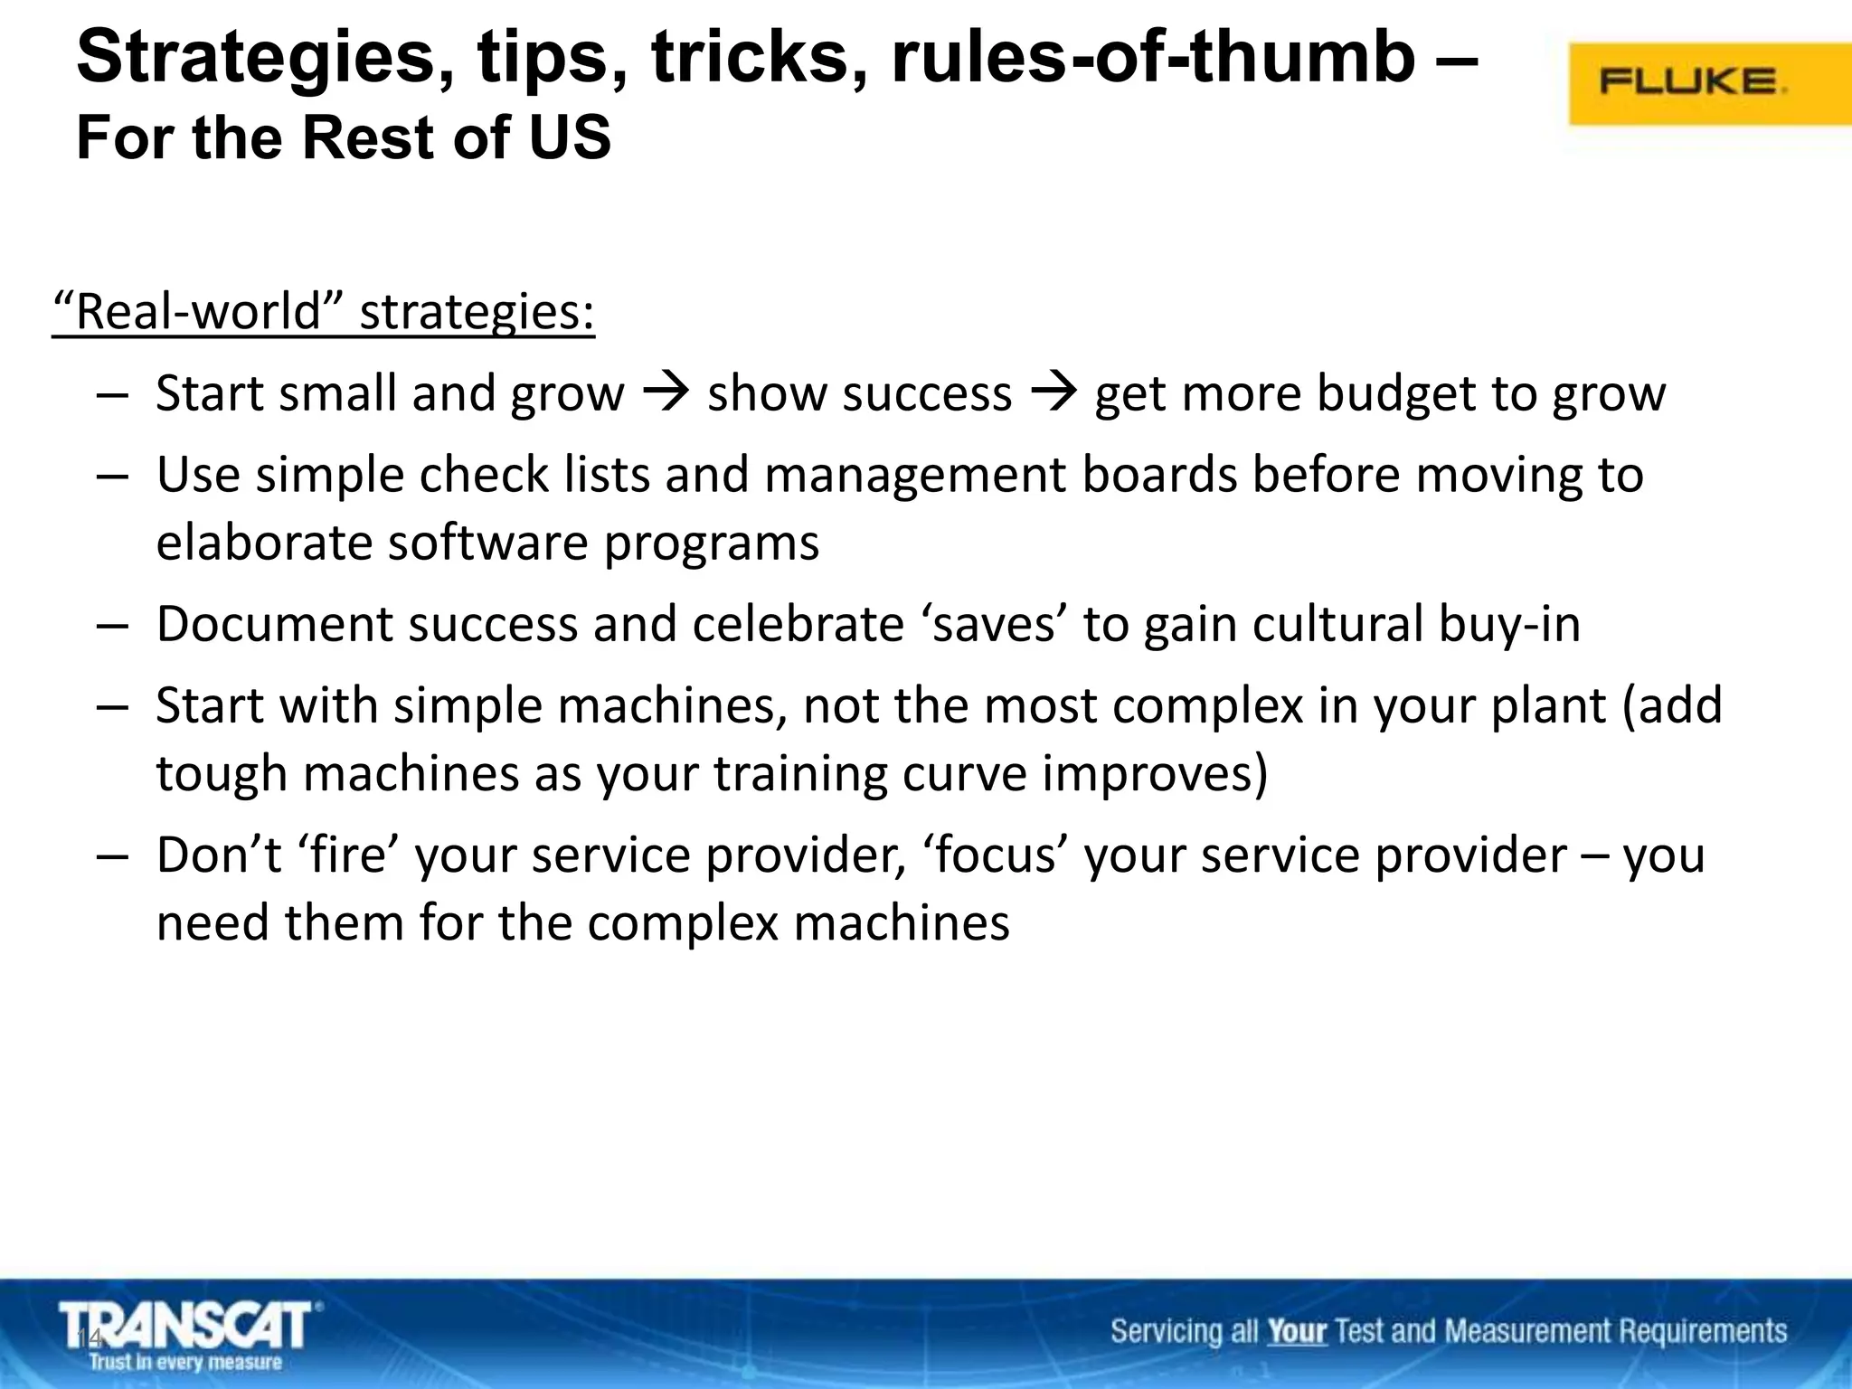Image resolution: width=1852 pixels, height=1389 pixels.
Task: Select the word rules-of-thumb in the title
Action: (x=1153, y=57)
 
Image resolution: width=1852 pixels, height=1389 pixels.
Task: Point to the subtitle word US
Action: (x=570, y=138)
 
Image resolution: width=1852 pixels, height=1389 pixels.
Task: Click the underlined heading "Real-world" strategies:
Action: (x=324, y=312)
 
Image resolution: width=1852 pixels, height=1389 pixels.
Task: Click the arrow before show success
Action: (x=666, y=392)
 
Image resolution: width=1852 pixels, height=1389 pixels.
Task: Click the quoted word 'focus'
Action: (x=996, y=855)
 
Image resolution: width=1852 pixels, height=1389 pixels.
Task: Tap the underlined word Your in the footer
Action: (x=1296, y=1331)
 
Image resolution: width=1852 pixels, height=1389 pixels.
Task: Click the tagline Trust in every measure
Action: (x=185, y=1362)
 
